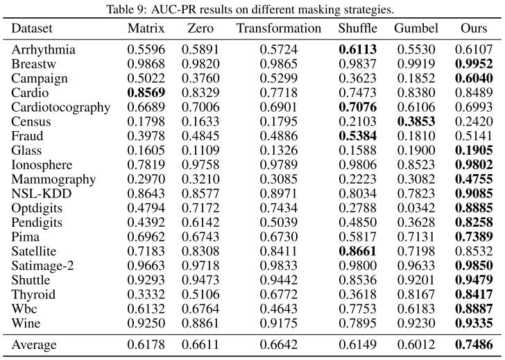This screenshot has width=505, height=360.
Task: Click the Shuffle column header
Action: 359,28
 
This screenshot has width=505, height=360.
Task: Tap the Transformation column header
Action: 278,28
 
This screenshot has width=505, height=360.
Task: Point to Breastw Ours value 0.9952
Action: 474,65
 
